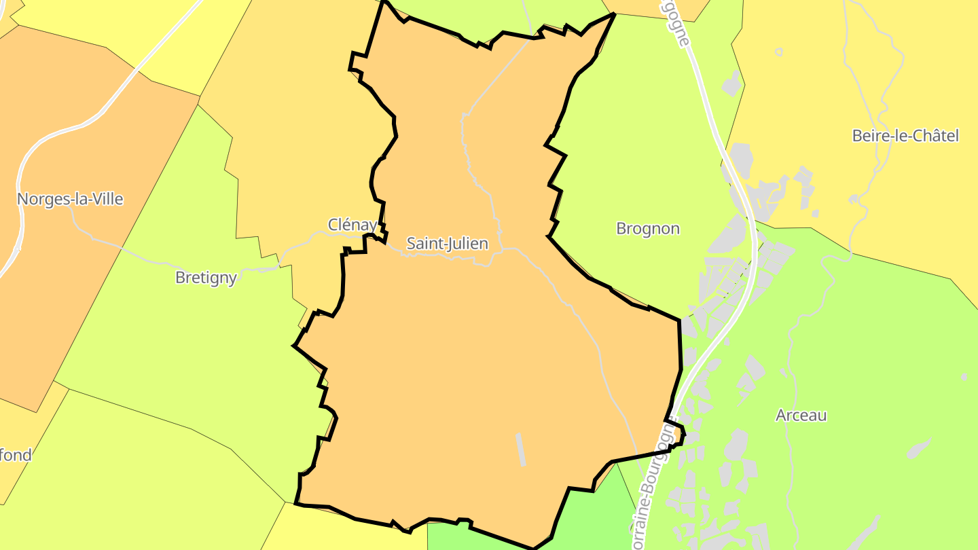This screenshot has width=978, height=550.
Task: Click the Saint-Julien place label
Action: coord(447,243)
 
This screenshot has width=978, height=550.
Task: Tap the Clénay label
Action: coord(352,225)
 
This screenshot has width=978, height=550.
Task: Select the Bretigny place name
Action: coord(206,278)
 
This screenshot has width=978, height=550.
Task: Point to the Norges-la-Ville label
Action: coord(70,199)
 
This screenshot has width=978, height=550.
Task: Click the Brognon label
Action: coord(647,229)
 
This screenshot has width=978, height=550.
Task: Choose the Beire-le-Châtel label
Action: coord(905,136)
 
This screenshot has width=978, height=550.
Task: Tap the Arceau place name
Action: coord(801,416)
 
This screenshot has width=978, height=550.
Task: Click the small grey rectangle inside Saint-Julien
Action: coord(521,450)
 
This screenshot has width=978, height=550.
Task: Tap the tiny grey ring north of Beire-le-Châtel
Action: coord(778,52)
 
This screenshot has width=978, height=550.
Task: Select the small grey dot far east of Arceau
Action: coord(964,376)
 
